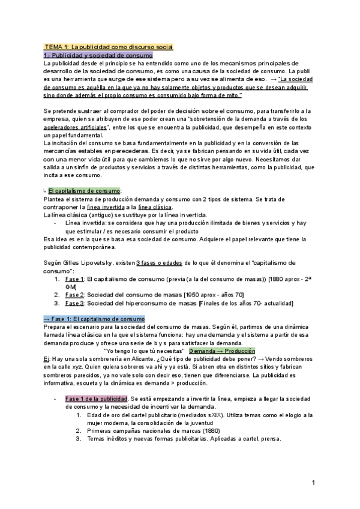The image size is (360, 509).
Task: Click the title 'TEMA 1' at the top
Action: (x=57, y=47)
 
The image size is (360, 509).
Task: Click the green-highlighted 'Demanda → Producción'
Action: (x=222, y=351)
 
